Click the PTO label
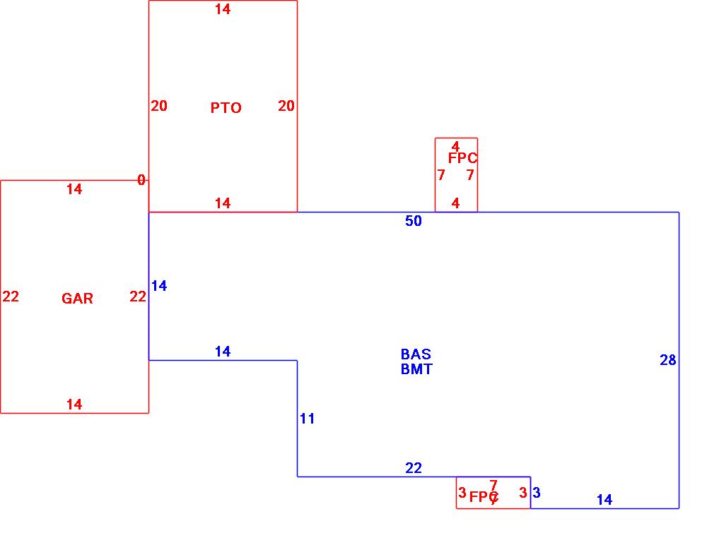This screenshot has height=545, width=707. click(x=226, y=108)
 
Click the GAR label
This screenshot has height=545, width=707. click(x=77, y=299)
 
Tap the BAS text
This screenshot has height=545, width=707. click(x=416, y=354)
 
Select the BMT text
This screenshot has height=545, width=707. click(x=416, y=369)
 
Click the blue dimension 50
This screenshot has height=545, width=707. click(x=414, y=222)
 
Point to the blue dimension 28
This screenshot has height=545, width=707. click(x=668, y=361)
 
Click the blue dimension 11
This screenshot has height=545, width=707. click(x=307, y=419)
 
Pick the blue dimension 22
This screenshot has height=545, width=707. click(x=414, y=468)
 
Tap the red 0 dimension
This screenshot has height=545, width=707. click(x=141, y=181)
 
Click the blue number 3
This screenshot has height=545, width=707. click(x=537, y=493)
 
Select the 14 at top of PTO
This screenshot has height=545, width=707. click(x=223, y=10)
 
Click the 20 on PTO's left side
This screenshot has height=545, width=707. click(x=159, y=107)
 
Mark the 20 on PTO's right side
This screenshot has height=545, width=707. click(x=286, y=107)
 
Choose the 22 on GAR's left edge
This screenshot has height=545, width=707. click(x=11, y=297)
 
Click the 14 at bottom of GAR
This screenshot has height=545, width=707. click(x=74, y=405)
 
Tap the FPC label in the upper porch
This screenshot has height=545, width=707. click(x=462, y=159)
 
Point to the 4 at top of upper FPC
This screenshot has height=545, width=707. click(x=455, y=147)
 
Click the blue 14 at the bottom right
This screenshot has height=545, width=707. click(x=604, y=501)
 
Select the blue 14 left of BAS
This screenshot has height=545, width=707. click(x=159, y=287)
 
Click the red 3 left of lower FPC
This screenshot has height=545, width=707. click(x=462, y=493)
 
